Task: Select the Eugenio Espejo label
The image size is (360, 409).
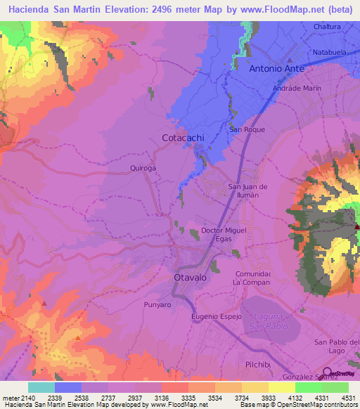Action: pos(217,317)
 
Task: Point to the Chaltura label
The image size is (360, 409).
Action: pos(327,27)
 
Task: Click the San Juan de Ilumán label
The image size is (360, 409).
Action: pos(248,190)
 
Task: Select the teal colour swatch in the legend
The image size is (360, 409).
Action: pos(41,387)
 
